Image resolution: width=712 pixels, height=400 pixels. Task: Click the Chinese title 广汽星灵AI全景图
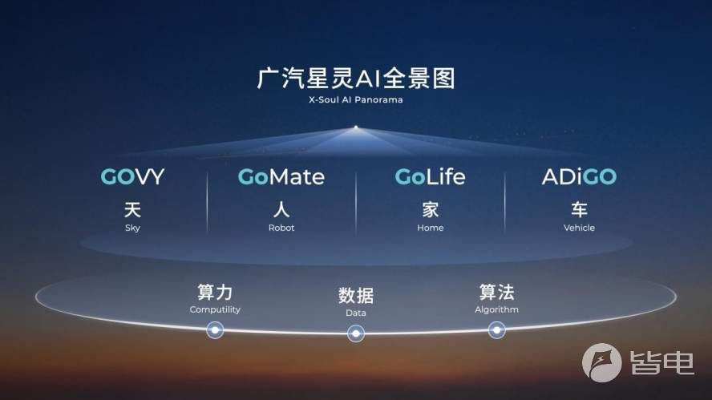click(x=355, y=78)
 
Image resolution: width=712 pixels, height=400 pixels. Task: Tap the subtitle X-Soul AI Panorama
click(x=355, y=99)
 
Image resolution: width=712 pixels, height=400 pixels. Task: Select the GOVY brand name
click(x=132, y=176)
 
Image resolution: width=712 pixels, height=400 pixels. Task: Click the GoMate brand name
click(x=281, y=176)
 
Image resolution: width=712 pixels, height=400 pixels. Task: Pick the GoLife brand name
click(x=430, y=176)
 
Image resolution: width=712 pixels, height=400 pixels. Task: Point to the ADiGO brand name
click(x=579, y=176)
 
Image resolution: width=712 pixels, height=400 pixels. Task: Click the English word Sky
click(x=132, y=228)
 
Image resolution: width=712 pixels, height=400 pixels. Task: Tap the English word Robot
click(x=281, y=228)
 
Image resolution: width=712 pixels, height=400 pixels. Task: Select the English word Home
click(x=430, y=228)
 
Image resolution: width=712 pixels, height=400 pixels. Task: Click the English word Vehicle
click(x=579, y=228)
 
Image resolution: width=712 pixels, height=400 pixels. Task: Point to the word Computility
click(x=215, y=309)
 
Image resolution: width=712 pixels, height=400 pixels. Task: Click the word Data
click(x=355, y=313)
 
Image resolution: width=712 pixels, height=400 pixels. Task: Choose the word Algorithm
click(x=496, y=309)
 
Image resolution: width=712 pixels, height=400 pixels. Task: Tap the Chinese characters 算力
click(x=215, y=292)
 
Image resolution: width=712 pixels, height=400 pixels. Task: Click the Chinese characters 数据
click(x=355, y=296)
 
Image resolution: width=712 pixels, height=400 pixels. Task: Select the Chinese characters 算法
click(x=496, y=292)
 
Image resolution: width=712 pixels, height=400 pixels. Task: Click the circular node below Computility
click(x=215, y=330)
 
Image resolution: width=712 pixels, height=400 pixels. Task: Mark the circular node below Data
click(x=355, y=333)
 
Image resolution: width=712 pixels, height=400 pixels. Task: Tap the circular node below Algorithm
click(x=496, y=330)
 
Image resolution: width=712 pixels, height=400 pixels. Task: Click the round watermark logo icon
click(x=601, y=363)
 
